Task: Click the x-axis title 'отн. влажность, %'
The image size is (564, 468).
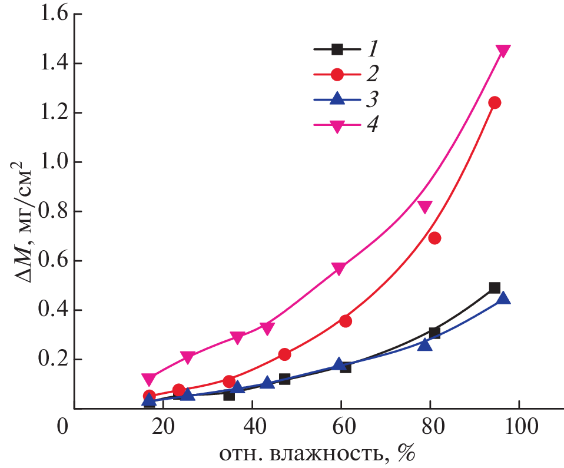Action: [315, 453]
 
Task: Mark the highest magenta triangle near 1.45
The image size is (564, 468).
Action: [503, 51]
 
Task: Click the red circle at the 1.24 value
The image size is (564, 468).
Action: [495, 102]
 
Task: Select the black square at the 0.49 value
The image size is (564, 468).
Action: [495, 288]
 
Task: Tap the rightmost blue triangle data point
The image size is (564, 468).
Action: [503, 298]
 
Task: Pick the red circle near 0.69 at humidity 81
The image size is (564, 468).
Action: [434, 238]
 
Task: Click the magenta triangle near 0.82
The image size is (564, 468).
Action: [424, 207]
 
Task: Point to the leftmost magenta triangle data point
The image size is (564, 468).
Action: [149, 379]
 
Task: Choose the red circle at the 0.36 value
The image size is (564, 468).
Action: [346, 321]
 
